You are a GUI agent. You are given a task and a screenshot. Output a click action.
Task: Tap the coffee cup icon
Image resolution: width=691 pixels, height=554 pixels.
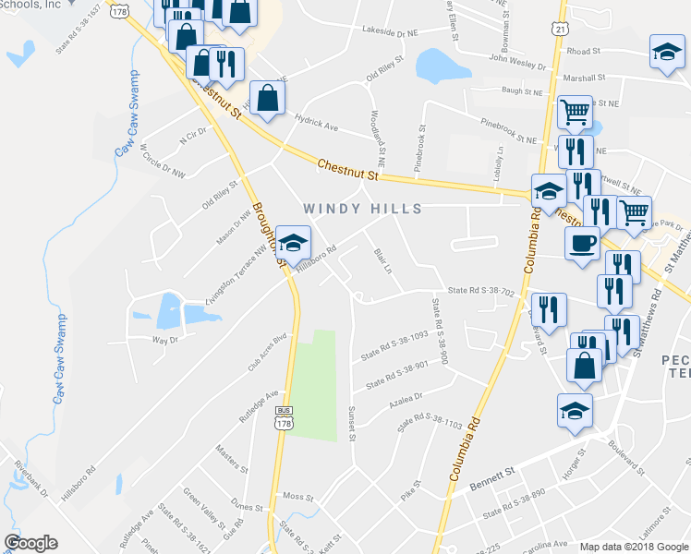581,244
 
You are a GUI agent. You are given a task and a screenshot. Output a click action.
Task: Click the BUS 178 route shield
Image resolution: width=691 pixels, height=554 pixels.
284,417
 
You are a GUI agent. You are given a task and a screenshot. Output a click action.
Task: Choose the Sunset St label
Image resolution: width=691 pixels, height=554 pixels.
351,422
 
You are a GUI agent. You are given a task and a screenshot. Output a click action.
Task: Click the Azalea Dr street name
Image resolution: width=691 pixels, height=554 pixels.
405,397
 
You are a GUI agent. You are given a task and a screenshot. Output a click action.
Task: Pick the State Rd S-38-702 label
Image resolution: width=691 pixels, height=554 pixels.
479,291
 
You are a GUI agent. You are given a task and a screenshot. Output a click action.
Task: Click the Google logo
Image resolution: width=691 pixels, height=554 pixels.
30,542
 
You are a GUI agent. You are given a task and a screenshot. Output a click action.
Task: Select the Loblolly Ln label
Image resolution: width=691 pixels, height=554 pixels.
499,163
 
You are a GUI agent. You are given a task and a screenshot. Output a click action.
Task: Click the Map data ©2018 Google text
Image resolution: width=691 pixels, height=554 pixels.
633,547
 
